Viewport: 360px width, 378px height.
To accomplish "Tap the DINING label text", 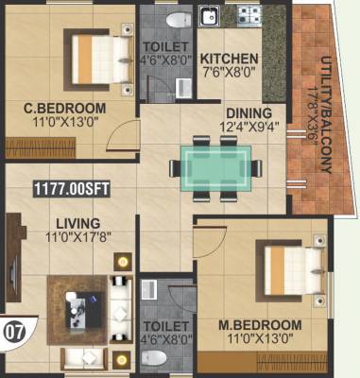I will pos(242,112).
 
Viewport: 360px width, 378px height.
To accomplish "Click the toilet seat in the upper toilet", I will pos(175,18).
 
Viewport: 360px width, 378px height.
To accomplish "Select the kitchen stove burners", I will pos(249,16).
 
